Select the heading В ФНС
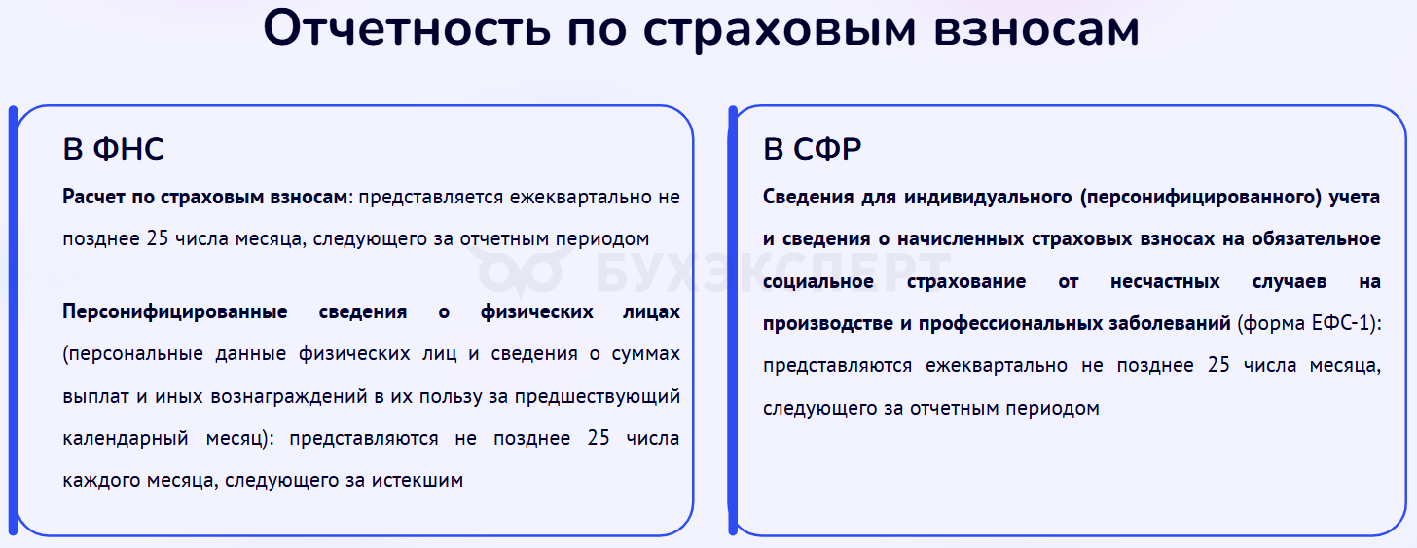pos(113,149)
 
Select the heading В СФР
pos(813,149)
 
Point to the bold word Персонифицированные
pos(175,312)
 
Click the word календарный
pos(126,439)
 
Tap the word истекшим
pos(417,480)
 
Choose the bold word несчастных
pos(1165,281)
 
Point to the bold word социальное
pos(817,281)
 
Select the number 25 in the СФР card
pos(1218,365)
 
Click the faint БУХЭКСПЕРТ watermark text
pos(773,274)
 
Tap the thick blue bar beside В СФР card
pos(733,320)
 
